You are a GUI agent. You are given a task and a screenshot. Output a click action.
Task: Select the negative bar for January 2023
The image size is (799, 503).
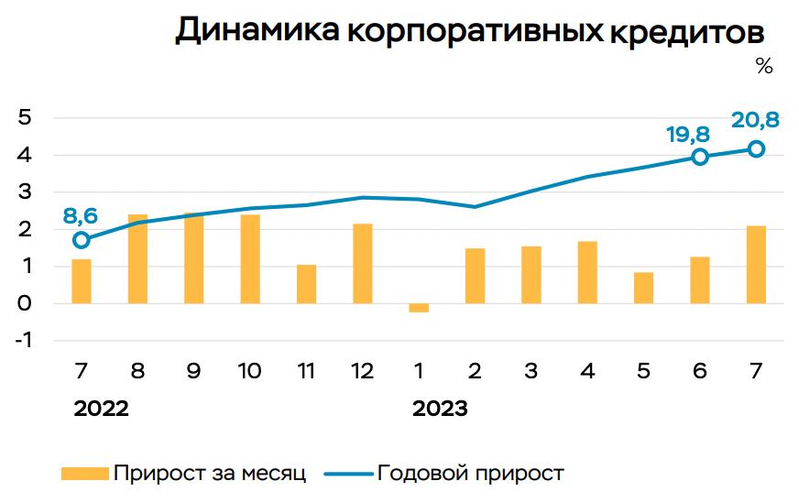tap(419, 308)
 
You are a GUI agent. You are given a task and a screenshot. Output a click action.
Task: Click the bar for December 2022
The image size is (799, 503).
tap(363, 263)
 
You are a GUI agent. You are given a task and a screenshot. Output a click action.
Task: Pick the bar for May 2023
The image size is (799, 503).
tap(643, 288)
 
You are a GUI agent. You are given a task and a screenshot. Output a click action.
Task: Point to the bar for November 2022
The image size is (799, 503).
tap(306, 284)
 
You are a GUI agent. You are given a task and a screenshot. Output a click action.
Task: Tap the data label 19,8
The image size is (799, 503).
tap(687, 135)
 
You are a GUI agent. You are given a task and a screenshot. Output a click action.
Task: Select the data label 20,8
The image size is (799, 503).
tap(755, 120)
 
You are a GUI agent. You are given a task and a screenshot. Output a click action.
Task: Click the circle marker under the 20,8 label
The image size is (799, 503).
tap(756, 148)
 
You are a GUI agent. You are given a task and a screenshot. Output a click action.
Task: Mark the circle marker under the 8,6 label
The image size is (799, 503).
tap(82, 240)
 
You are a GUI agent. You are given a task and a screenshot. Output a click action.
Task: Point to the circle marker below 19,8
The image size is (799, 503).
tap(700, 157)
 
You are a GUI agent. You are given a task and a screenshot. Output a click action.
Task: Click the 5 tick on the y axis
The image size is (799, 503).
tap(26, 118)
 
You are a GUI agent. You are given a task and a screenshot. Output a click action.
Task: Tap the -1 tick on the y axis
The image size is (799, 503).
tap(23, 340)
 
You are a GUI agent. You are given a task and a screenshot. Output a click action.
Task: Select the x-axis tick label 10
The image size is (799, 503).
tap(249, 372)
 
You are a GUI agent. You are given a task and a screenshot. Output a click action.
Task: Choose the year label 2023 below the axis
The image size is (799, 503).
tap(440, 409)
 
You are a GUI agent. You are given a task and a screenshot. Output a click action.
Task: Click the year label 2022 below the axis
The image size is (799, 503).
tap(101, 409)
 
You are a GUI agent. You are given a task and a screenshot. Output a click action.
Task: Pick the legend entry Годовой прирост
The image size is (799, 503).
tap(470, 473)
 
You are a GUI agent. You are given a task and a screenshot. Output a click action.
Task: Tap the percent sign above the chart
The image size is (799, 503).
tap(764, 67)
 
